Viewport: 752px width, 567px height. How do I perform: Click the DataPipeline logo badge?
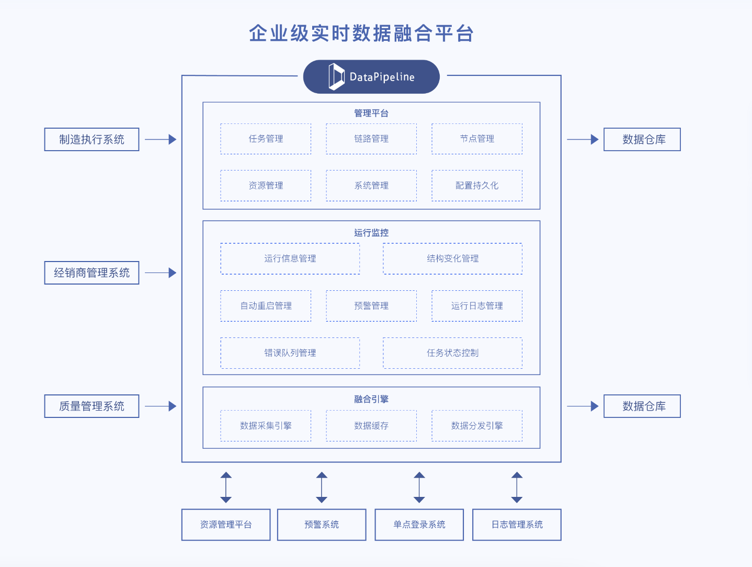coord(371,77)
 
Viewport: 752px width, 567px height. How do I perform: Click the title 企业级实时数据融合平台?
coord(361,33)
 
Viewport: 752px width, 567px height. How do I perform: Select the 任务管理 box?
coord(266,139)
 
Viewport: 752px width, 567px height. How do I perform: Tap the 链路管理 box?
coord(371,139)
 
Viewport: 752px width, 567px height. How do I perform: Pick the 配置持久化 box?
coord(477,186)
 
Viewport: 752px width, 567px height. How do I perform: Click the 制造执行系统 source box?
coord(92,140)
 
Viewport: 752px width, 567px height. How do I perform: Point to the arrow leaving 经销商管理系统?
coord(161,273)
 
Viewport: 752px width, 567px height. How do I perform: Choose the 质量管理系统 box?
coord(92,406)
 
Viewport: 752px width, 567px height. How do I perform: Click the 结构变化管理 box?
coord(452,258)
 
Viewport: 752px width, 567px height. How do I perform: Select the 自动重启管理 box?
coord(266,306)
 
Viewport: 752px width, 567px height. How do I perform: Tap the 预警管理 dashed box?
coord(371,306)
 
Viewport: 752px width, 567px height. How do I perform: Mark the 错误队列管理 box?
coord(290,353)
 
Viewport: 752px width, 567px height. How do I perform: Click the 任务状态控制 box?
coord(452,353)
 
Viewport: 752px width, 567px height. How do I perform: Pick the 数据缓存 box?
coord(371,426)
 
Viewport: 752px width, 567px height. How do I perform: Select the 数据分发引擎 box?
coord(477,426)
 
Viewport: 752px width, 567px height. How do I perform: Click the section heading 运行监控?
coord(371,233)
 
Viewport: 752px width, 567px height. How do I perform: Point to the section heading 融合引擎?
coord(371,399)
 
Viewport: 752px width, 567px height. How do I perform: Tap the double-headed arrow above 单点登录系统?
coord(419,487)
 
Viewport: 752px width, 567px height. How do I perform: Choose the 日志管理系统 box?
coord(517,525)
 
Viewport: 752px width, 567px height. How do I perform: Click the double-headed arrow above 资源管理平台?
coord(226,487)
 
